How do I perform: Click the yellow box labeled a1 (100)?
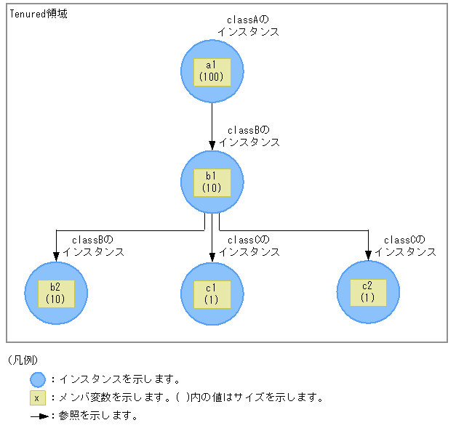(212, 71)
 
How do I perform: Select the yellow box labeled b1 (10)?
(212, 182)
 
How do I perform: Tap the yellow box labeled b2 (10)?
(56, 293)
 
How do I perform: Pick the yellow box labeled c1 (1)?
(212, 294)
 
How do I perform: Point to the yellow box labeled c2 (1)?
(368, 292)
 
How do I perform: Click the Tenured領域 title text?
(39, 14)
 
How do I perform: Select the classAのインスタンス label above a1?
(248, 26)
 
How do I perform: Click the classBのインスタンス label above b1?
(249, 136)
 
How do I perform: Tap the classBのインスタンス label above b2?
(93, 246)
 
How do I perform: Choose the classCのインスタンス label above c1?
(249, 246)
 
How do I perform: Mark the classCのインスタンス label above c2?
(405, 246)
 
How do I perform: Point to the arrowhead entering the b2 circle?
(56, 256)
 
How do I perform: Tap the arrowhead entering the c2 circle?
(368, 255)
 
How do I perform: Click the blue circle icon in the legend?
(38, 379)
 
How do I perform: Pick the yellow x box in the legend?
(38, 398)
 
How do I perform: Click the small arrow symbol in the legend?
(39, 416)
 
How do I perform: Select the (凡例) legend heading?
(23, 360)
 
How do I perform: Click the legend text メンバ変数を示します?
(109, 397)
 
